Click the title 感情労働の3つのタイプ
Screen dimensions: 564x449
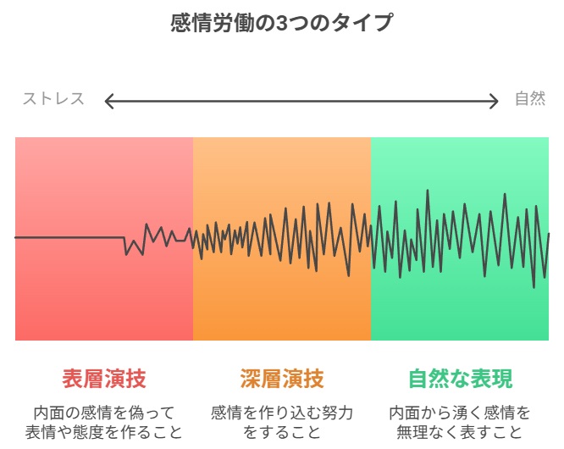(x=281, y=23)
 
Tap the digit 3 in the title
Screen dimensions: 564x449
(x=281, y=24)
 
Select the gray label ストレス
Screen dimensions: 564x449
(x=53, y=98)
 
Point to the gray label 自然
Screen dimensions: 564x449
(x=530, y=98)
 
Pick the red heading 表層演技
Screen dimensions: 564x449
(x=104, y=379)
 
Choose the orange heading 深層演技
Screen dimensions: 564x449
(x=282, y=379)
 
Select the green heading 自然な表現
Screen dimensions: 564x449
(x=460, y=379)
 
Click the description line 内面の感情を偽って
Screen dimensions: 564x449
(x=104, y=413)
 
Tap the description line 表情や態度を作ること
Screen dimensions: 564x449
(x=104, y=432)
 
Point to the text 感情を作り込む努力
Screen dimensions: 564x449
(x=282, y=413)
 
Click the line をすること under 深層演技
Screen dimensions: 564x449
(x=282, y=432)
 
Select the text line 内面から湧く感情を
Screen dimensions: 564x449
(x=460, y=413)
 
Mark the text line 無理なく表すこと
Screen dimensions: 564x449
(x=460, y=432)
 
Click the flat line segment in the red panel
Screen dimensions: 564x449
(x=69, y=237)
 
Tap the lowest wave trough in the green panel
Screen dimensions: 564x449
(x=534, y=287)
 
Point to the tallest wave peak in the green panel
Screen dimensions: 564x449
(x=428, y=191)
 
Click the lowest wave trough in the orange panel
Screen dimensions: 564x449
(x=348, y=275)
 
